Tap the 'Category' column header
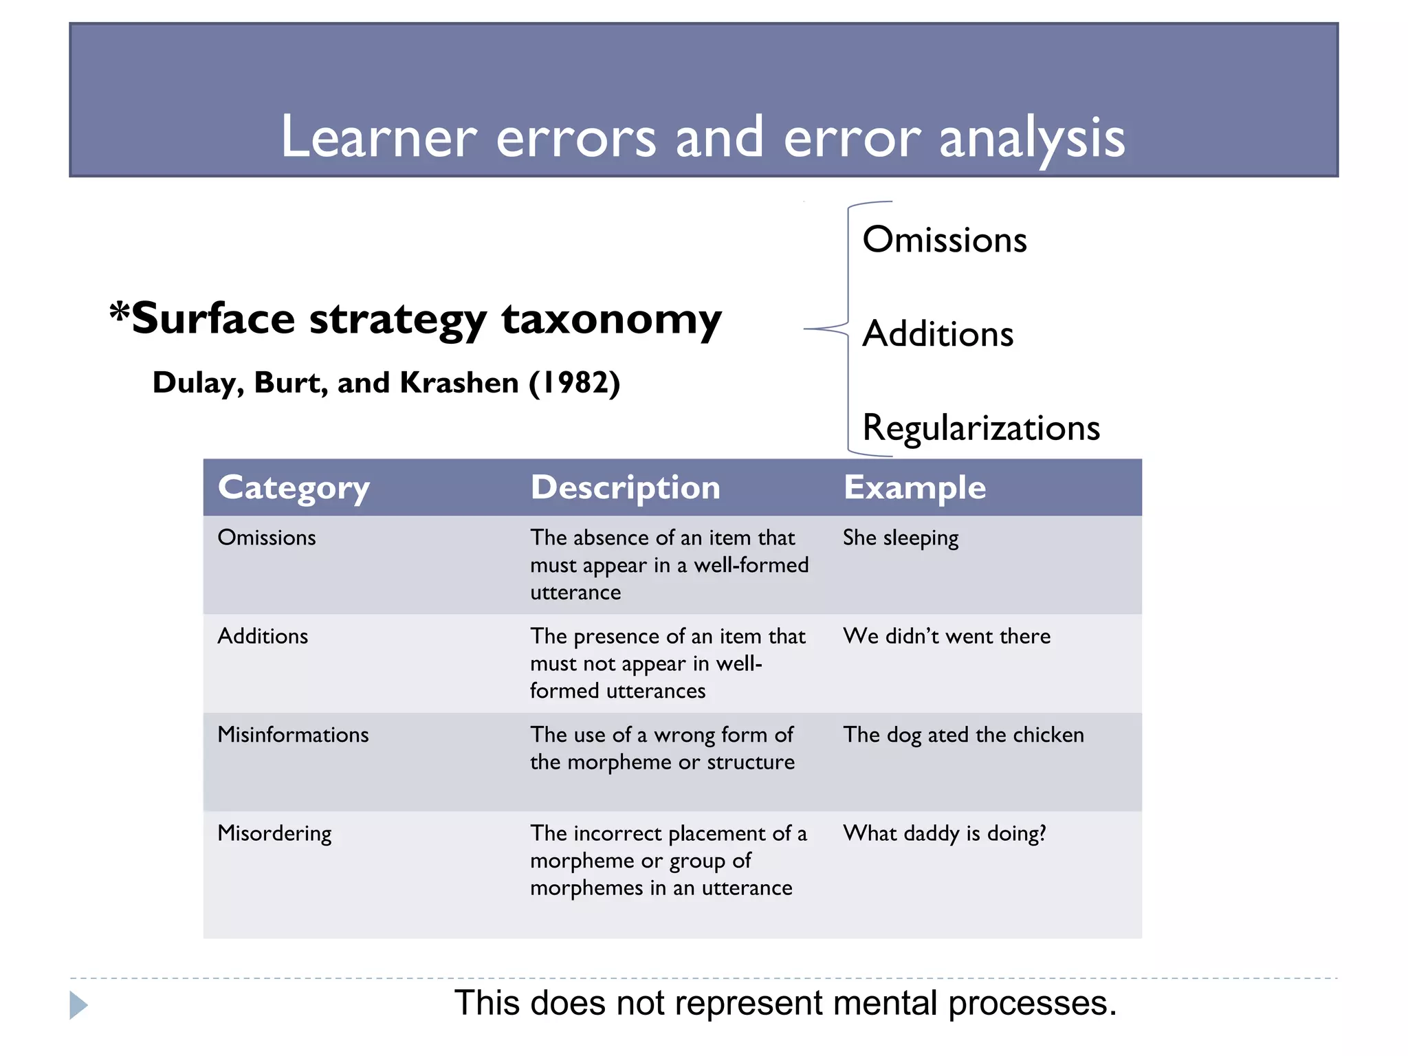tap(294, 488)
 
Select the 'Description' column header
tap(625, 487)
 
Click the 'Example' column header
tap(914, 487)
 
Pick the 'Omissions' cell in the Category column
tap(267, 538)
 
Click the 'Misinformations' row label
tap(293, 735)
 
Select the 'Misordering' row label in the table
tap(274, 833)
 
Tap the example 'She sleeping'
tap(901, 538)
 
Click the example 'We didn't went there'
tap(947, 636)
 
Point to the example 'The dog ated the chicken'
tap(963, 735)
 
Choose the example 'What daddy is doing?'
tap(945, 833)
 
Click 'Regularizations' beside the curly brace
tap(981, 428)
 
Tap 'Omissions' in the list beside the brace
tap(945, 240)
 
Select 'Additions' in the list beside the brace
tap(938, 334)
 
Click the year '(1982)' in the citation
tap(574, 383)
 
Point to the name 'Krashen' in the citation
tap(459, 383)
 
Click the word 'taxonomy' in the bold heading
tap(611, 319)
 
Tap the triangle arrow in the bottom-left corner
tap(78, 1005)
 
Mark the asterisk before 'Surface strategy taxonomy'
tap(120, 312)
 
